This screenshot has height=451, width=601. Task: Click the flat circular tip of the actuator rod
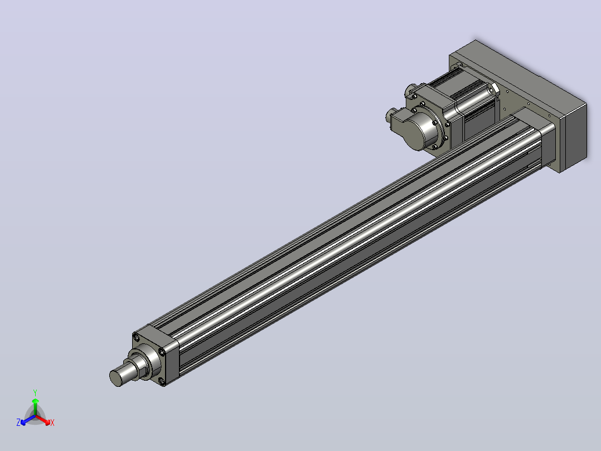click(x=116, y=378)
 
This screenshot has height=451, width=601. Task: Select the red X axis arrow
click(x=43, y=420)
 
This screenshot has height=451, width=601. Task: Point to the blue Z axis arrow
click(x=28, y=420)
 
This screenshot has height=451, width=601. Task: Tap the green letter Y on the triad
click(x=35, y=392)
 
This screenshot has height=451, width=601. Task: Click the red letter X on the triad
click(x=52, y=423)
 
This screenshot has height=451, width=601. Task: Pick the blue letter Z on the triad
click(x=18, y=423)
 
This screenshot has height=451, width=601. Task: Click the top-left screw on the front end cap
click(x=136, y=337)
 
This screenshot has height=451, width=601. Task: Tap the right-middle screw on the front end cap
click(x=163, y=352)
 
